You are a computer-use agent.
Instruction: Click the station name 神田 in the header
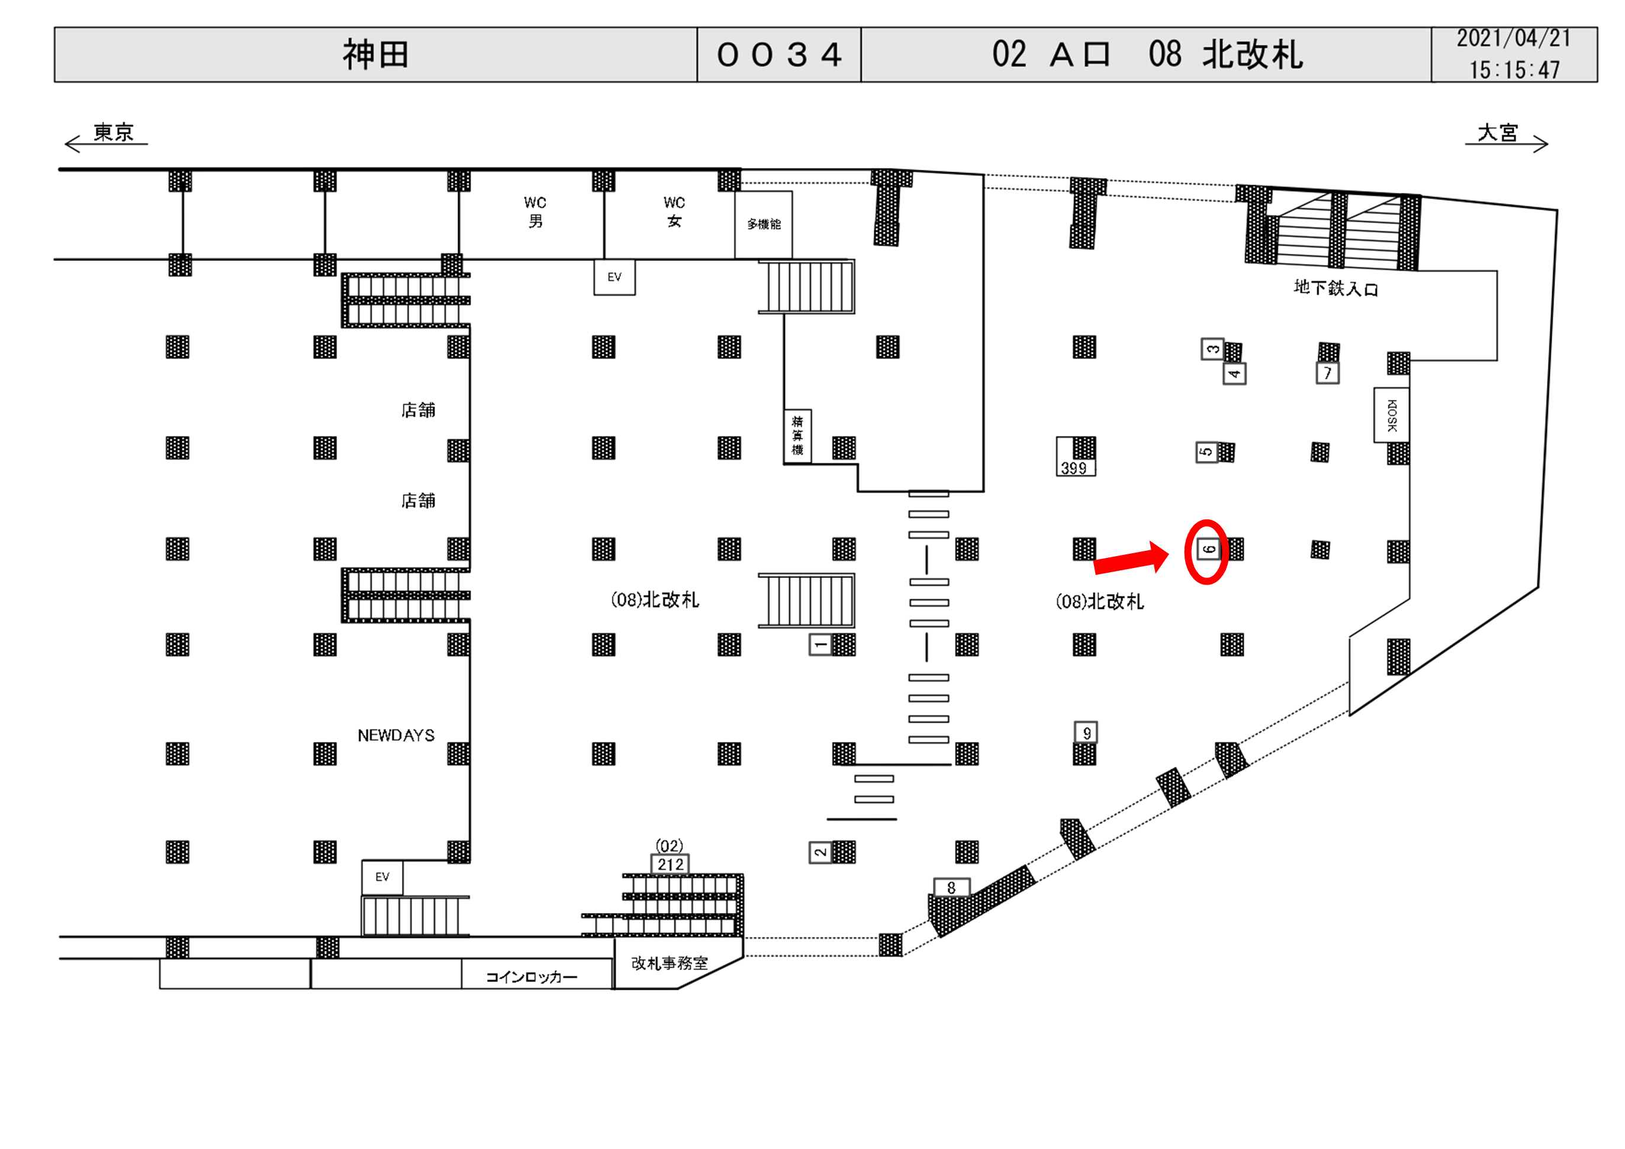pyautogui.click(x=376, y=55)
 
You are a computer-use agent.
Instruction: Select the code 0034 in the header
pyautogui.click(x=779, y=55)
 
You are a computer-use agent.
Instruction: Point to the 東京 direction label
pyautogui.click(x=113, y=133)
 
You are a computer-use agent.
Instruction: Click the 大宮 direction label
pyautogui.click(x=1498, y=133)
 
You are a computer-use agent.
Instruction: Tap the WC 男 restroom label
pyautogui.click(x=535, y=212)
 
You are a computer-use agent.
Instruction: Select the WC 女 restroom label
pyautogui.click(x=674, y=212)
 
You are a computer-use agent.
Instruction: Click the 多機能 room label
pyautogui.click(x=764, y=224)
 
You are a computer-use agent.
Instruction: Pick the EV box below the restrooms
pyautogui.click(x=614, y=277)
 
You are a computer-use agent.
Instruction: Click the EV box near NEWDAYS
pyautogui.click(x=382, y=877)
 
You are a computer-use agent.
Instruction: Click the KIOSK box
pyautogui.click(x=1391, y=415)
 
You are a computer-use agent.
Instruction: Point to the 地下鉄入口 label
pyautogui.click(x=1336, y=288)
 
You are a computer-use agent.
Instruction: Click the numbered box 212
pyautogui.click(x=670, y=864)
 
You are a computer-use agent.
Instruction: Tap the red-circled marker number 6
pyautogui.click(x=1209, y=549)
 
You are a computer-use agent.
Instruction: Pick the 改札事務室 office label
pyautogui.click(x=670, y=964)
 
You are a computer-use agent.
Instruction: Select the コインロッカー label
pyautogui.click(x=532, y=977)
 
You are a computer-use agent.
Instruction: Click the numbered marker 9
pyautogui.click(x=1086, y=733)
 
